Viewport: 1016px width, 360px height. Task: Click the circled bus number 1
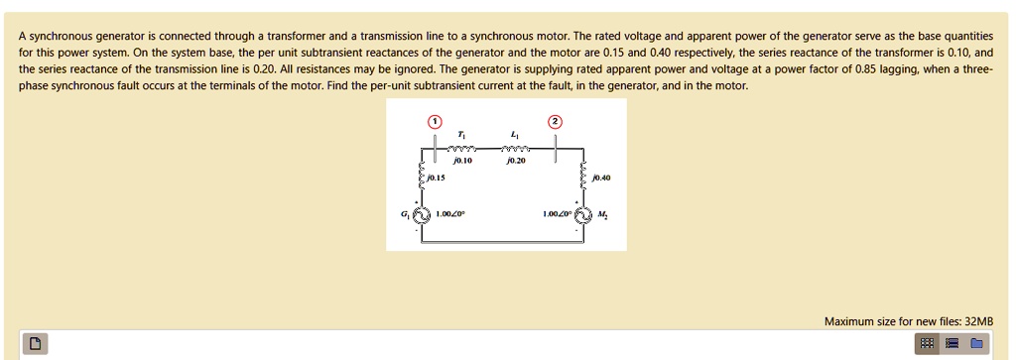point(434,121)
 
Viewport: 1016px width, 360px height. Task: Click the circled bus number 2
point(555,121)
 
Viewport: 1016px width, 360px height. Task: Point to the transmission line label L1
point(514,135)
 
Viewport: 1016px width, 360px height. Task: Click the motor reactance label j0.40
point(600,179)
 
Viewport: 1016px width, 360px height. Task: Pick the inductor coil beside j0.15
point(421,176)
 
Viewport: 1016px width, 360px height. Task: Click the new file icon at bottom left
point(35,344)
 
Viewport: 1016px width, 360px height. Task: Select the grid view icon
point(927,344)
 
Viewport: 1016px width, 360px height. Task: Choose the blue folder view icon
point(976,344)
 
